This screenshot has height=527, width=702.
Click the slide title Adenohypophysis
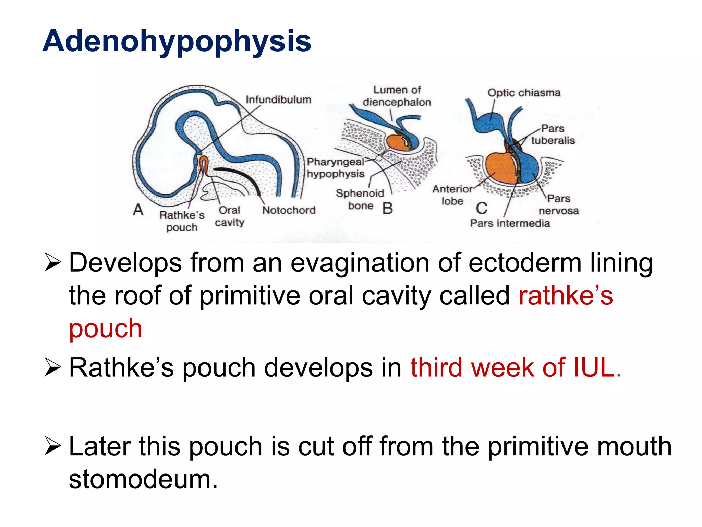click(x=177, y=41)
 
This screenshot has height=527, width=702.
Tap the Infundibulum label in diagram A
click(x=278, y=99)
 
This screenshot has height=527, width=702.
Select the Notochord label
click(x=289, y=210)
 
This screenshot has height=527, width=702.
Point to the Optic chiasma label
click(x=524, y=93)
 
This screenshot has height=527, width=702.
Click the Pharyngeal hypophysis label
click(x=335, y=168)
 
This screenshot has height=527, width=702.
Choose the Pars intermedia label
click(x=510, y=223)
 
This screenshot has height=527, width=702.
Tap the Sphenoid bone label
click(x=360, y=199)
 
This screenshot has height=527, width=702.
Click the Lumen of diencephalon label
click(x=397, y=96)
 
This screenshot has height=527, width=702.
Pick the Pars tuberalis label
click(x=553, y=134)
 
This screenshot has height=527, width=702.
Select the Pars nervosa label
click(x=558, y=204)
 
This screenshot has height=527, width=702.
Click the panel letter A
click(x=138, y=210)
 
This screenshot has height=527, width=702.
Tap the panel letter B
click(x=387, y=208)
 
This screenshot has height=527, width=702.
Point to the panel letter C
click(x=481, y=208)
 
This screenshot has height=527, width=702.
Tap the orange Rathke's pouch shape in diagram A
click(x=204, y=165)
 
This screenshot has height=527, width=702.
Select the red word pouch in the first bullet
click(x=106, y=328)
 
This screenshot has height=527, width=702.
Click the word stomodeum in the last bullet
click(x=143, y=479)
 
